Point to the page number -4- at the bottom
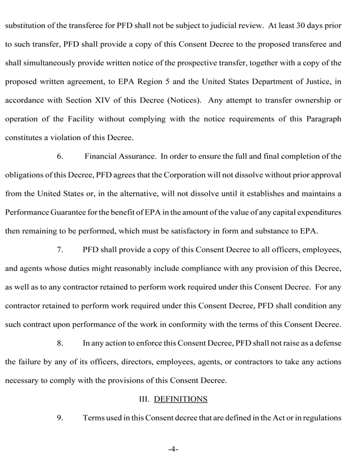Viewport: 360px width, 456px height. point(173,449)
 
